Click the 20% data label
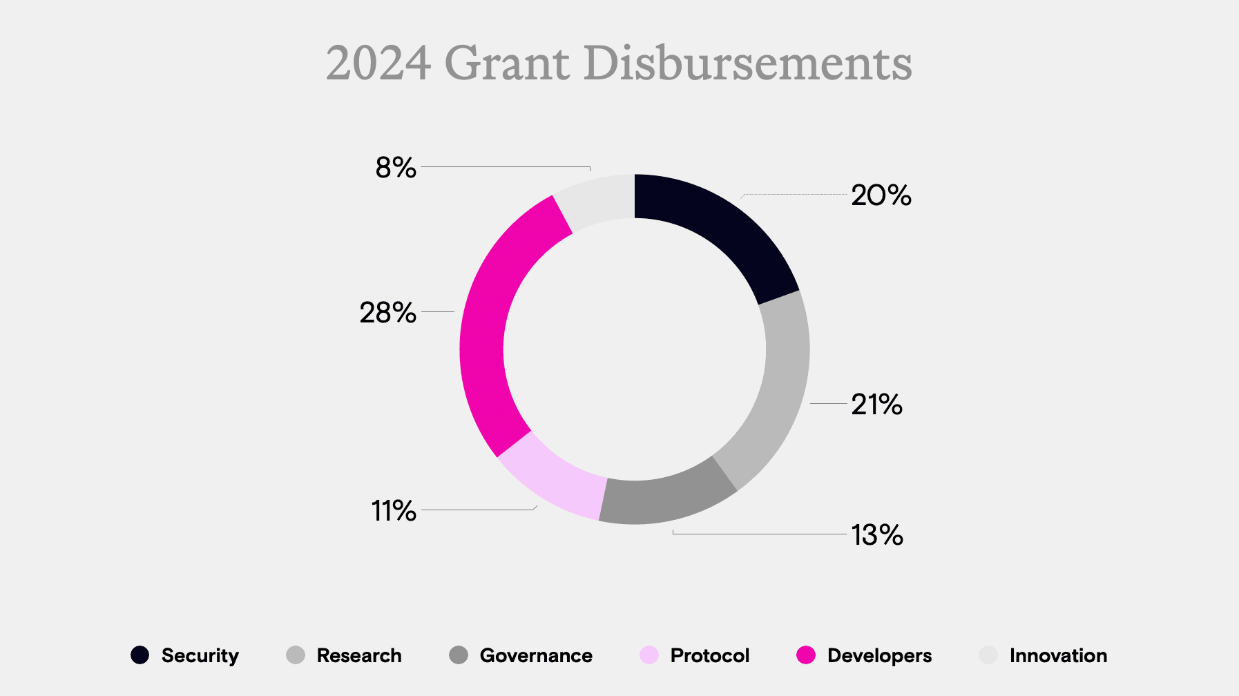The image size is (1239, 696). (x=881, y=195)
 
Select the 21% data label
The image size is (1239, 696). (x=876, y=405)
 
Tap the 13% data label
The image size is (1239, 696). (x=876, y=535)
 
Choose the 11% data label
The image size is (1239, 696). (x=394, y=512)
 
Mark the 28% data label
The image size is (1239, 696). (x=387, y=313)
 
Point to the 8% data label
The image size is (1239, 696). (x=396, y=168)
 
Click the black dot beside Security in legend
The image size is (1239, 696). (x=140, y=655)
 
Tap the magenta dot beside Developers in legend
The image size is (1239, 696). (x=806, y=655)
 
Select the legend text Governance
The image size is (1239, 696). (x=536, y=655)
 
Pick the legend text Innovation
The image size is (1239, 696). (x=1058, y=655)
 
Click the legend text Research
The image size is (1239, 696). (x=359, y=655)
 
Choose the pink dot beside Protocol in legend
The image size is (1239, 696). (x=649, y=655)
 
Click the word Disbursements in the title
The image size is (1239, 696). (x=747, y=64)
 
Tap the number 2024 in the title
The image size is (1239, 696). (x=378, y=64)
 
